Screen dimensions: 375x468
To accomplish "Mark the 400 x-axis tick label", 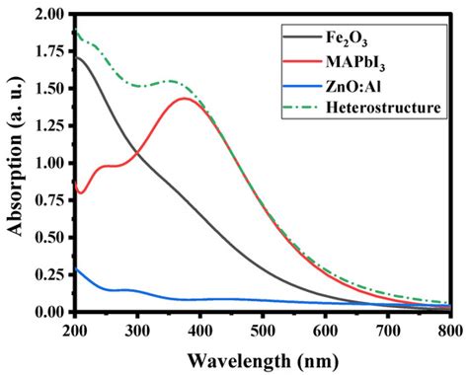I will point(199,328).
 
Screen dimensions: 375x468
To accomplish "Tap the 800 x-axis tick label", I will point(449,328).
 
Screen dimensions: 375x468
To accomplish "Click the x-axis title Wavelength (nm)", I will point(262,356).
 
